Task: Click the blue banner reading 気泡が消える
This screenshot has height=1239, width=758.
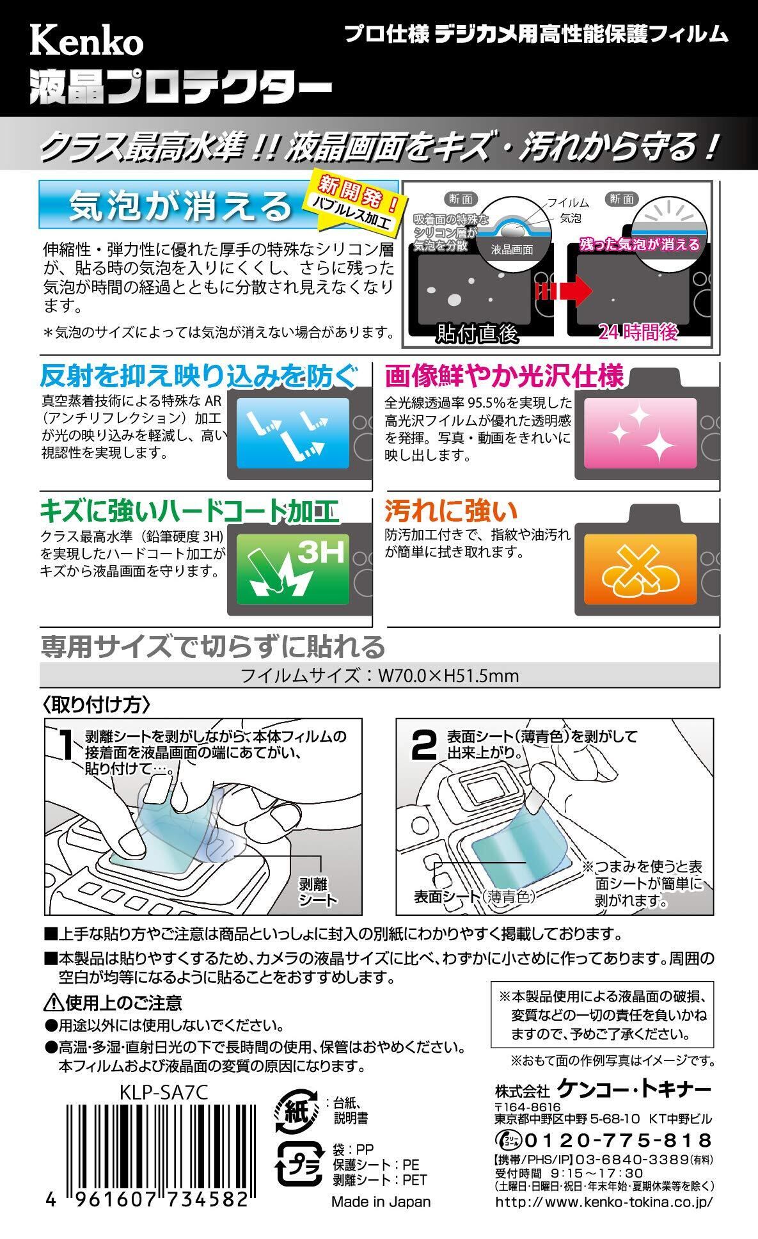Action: point(179,206)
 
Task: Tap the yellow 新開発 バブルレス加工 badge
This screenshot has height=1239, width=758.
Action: point(356,199)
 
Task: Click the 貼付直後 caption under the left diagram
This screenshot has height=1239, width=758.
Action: point(477,333)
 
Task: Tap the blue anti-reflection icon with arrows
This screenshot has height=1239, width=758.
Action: point(293,433)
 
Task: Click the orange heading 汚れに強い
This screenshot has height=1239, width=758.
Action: point(451,510)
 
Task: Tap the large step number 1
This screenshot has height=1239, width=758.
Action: point(65,746)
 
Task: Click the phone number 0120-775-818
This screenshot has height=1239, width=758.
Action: point(618,1140)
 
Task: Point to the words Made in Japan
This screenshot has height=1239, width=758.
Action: point(381,1202)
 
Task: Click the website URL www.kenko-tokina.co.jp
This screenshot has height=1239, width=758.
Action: point(604,1203)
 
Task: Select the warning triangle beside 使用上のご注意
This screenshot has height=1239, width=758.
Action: point(52,1003)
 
